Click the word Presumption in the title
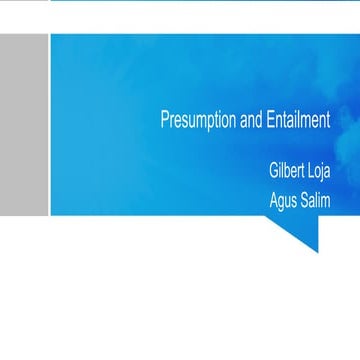198,119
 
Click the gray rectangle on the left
23,123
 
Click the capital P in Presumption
165,119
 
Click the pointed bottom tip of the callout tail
317,250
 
